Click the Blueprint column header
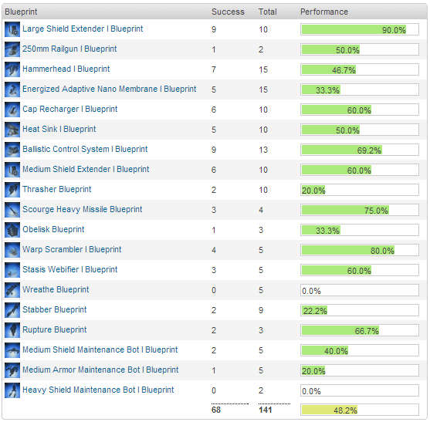(x=21, y=12)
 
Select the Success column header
(x=228, y=12)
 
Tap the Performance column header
(x=323, y=12)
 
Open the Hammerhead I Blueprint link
(x=66, y=69)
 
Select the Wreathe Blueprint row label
(x=56, y=290)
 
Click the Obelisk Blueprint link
(x=53, y=230)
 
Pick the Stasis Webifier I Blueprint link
(x=69, y=270)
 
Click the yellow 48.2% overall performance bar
(x=331, y=410)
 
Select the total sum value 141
(x=266, y=410)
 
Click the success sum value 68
(x=217, y=410)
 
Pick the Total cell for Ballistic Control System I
(x=263, y=150)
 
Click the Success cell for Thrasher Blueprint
(x=215, y=190)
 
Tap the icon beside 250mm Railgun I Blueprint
(x=12, y=49)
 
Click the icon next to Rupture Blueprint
(x=12, y=330)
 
